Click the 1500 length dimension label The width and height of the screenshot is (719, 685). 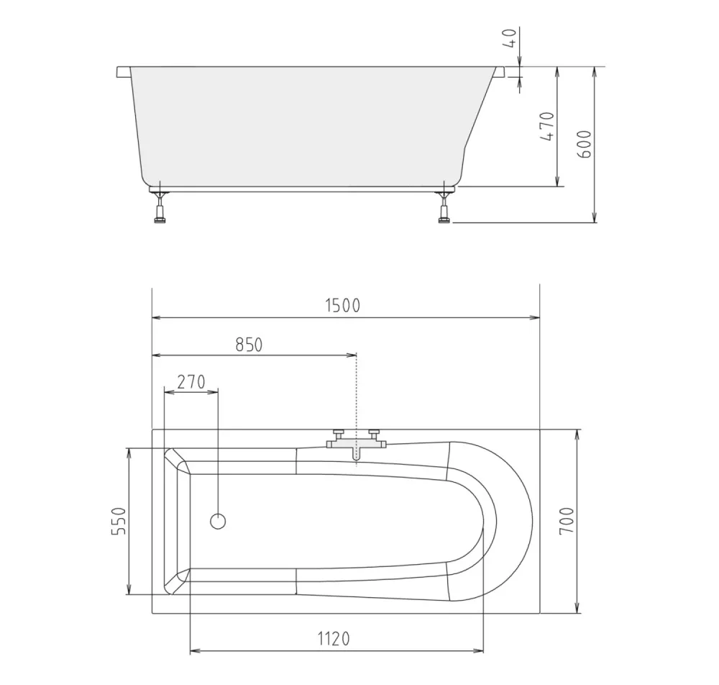(342, 305)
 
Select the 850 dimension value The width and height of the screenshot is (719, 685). (249, 345)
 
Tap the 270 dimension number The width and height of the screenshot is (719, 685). (191, 382)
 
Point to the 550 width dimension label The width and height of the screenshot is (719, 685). (119, 521)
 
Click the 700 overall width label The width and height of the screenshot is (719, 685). (567, 520)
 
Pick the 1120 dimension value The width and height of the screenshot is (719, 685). (334, 638)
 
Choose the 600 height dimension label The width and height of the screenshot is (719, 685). (584, 145)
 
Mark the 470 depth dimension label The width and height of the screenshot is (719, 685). (546, 126)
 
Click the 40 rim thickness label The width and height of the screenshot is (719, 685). (510, 38)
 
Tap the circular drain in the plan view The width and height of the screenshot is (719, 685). (218, 521)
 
